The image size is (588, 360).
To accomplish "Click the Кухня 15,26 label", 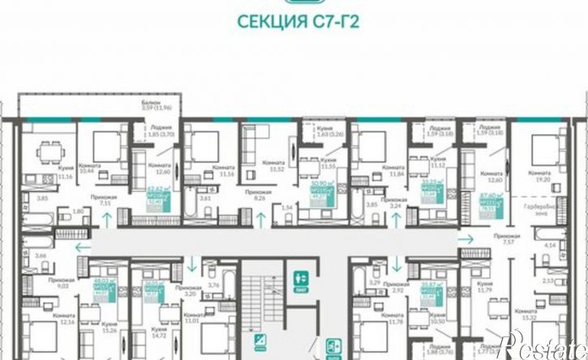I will pyautogui.click(x=110, y=305).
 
